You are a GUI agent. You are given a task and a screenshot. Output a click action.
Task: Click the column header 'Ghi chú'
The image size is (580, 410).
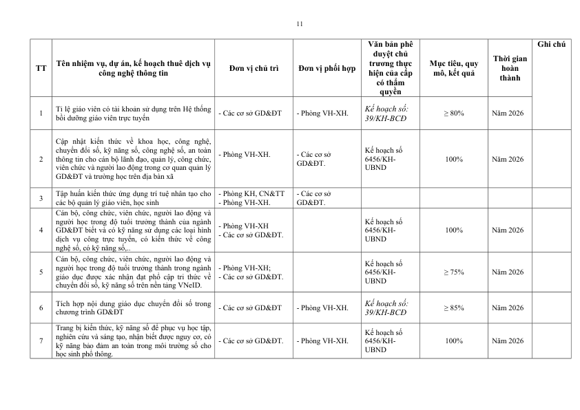(x=550, y=44)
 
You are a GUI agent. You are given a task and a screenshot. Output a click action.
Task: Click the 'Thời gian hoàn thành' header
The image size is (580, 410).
(x=510, y=68)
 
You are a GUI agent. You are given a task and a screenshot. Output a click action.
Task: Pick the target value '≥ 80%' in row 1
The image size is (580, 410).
(x=454, y=113)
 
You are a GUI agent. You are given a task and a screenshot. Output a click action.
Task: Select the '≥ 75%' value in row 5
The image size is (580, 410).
(x=454, y=272)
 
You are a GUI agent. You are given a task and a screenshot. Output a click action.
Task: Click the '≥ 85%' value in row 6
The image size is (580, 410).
(x=454, y=307)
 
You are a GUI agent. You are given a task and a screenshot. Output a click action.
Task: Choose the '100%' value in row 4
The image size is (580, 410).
(x=454, y=230)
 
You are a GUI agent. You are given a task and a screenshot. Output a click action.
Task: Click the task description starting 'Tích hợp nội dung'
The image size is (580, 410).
(x=134, y=307)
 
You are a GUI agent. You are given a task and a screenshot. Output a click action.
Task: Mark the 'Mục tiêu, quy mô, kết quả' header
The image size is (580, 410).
(x=454, y=68)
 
